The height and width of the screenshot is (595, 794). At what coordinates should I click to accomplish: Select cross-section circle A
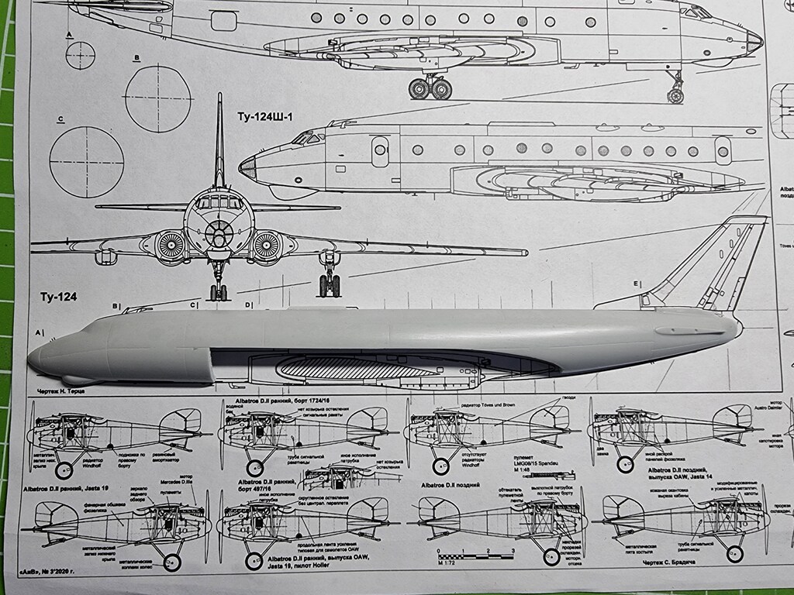point(80,55)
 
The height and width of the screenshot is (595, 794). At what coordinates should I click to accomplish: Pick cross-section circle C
point(86,161)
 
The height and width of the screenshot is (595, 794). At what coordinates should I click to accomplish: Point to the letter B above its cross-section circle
point(136,57)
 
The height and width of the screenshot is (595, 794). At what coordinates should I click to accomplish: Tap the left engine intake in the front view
point(171,247)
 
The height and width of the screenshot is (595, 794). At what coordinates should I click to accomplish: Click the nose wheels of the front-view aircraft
point(219,293)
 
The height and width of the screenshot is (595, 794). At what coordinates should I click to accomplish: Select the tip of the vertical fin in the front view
point(219,98)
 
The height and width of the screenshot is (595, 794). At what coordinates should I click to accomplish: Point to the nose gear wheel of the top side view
point(675,96)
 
